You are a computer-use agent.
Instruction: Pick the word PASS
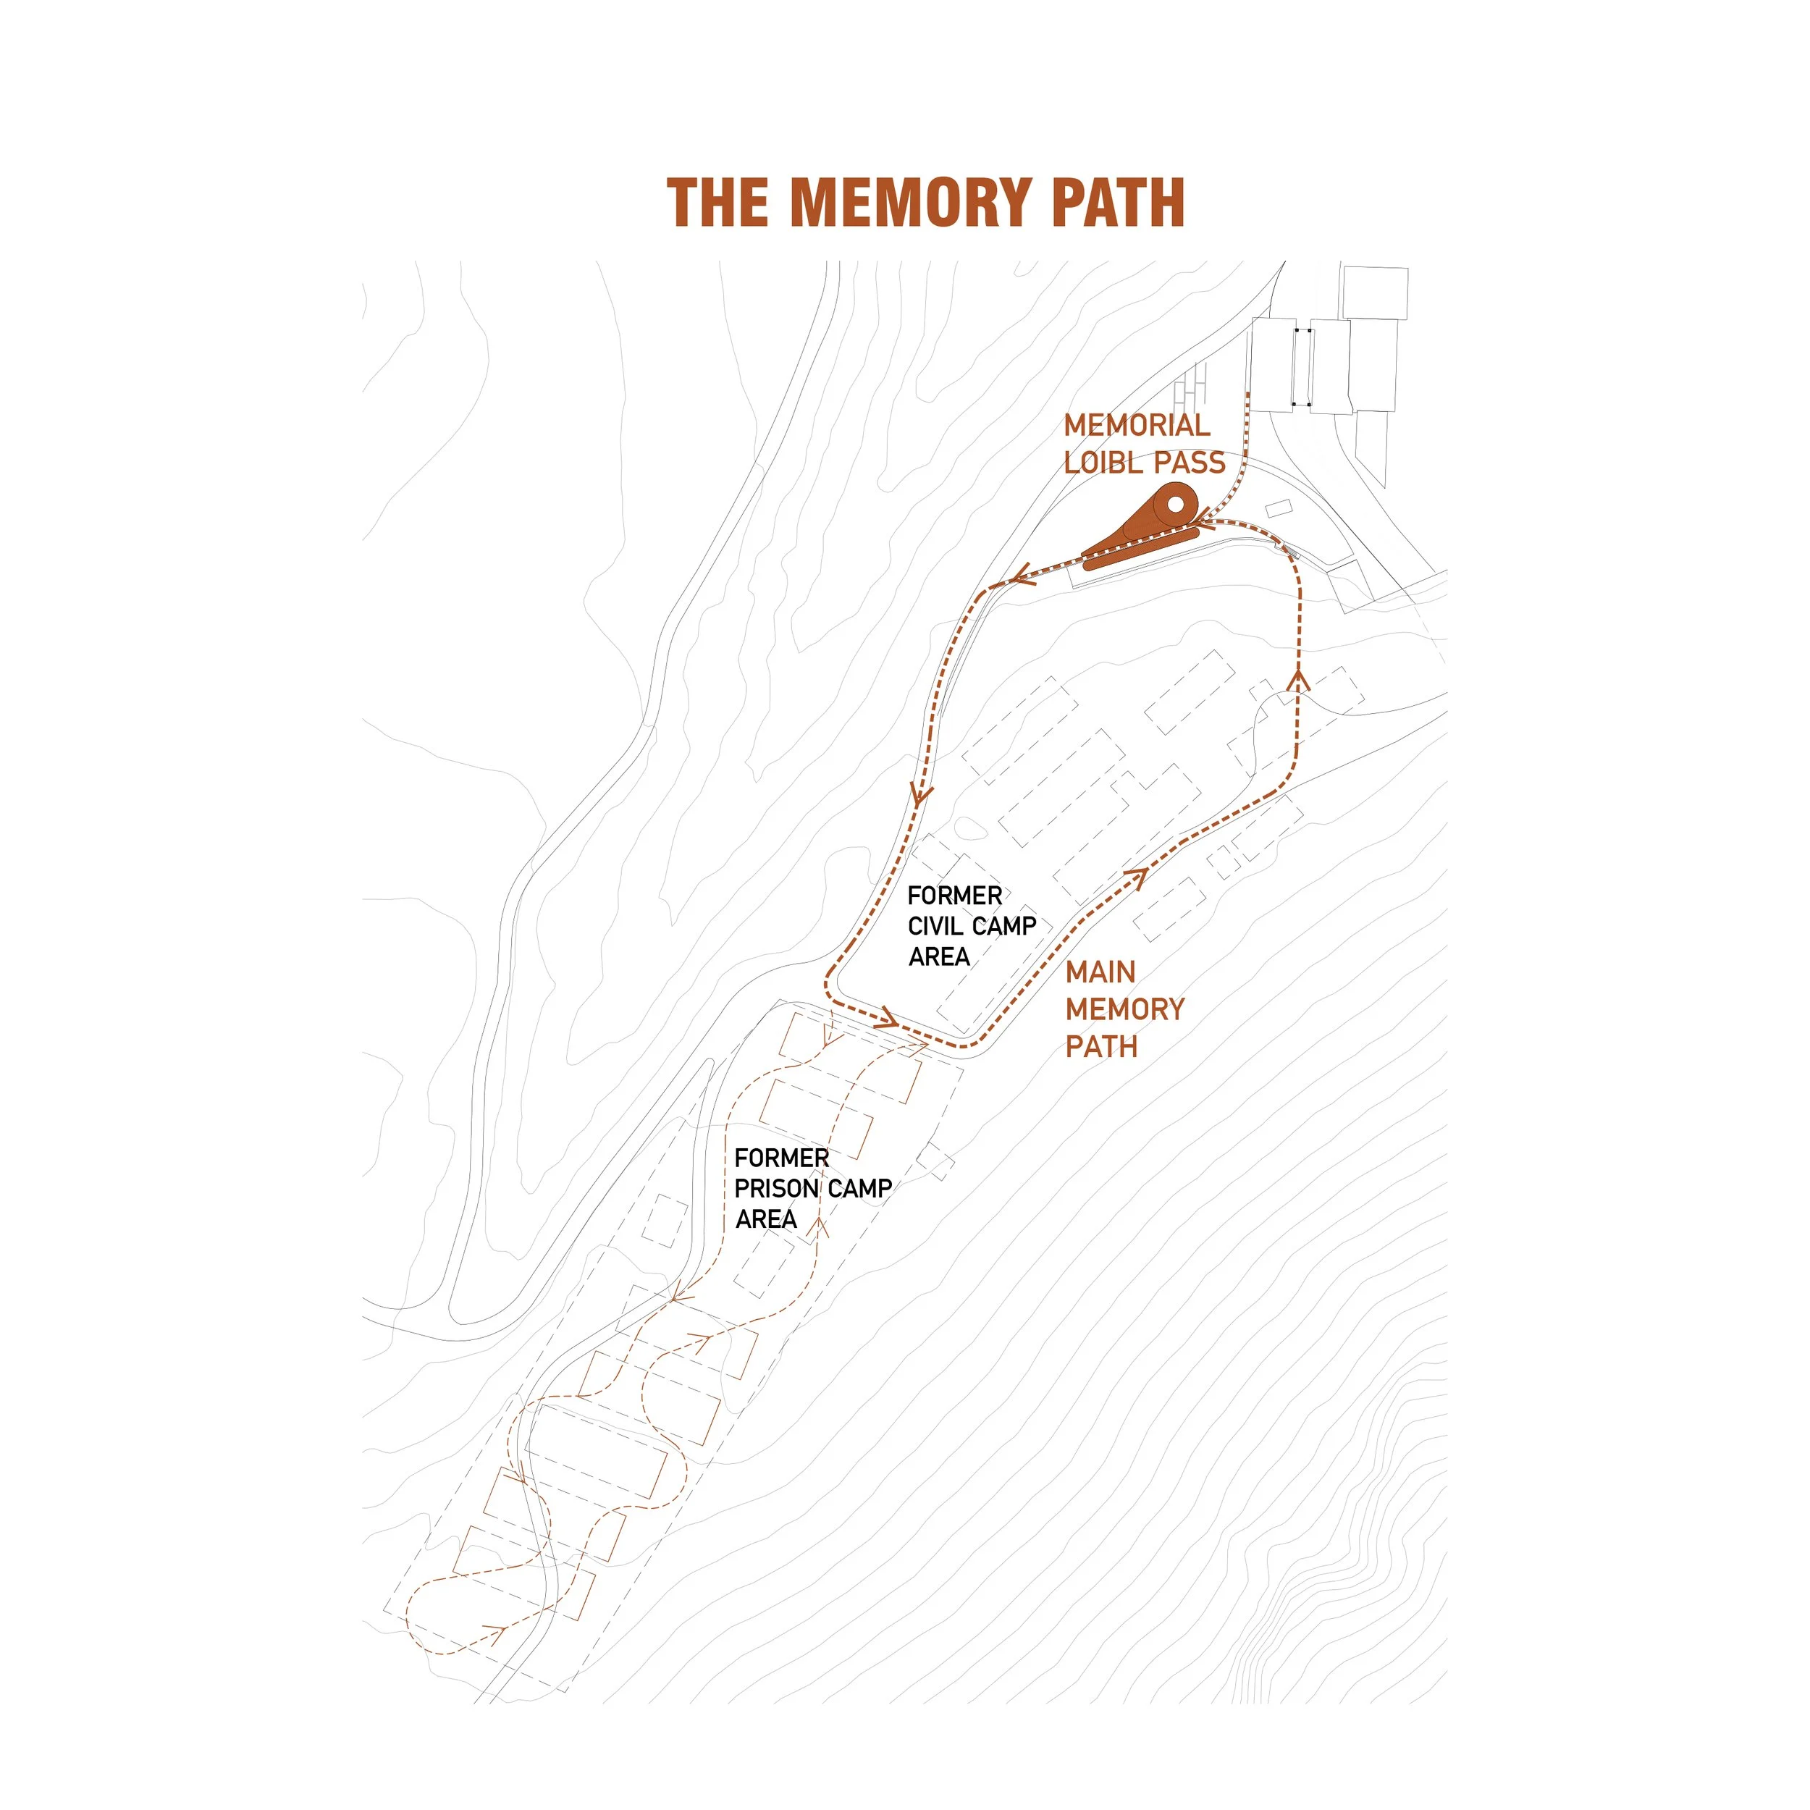tap(1190, 463)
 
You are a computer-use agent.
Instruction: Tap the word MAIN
tap(1100, 972)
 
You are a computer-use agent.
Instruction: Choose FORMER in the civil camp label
tap(955, 896)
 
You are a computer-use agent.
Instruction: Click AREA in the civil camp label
tap(939, 956)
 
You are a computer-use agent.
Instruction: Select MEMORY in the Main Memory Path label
tap(1125, 1010)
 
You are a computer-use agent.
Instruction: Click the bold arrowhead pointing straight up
tap(1297, 678)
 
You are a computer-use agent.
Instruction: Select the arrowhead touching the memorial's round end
tap(1199, 520)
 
